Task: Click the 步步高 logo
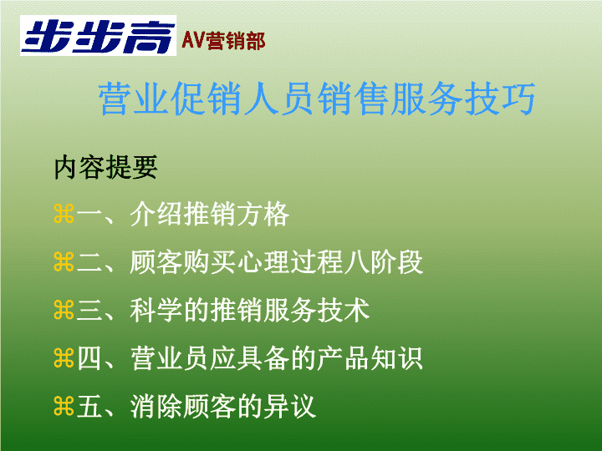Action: click(99, 36)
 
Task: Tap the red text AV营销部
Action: click(223, 41)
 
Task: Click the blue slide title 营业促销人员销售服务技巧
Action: click(317, 99)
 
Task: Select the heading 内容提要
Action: click(105, 167)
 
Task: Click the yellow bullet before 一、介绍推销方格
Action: click(64, 214)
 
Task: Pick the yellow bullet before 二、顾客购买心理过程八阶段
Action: click(64, 262)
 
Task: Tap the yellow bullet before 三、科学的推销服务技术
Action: click(64, 310)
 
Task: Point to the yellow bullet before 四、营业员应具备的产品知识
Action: click(64, 358)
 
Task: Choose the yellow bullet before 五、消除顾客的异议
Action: click(64, 406)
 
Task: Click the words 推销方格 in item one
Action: click(237, 214)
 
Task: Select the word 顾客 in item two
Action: click(156, 262)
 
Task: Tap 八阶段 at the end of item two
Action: click(384, 262)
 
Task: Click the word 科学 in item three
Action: click(156, 310)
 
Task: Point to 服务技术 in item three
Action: click(317, 310)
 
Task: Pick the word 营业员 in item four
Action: click(169, 358)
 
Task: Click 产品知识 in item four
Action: click(370, 358)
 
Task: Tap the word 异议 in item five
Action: click(290, 406)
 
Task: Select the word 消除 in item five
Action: click(156, 406)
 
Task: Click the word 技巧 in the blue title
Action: click(500, 99)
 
